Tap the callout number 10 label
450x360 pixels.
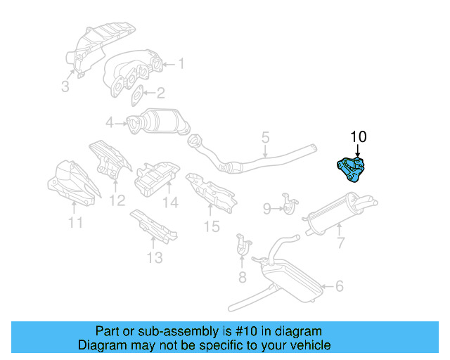(x=358, y=136)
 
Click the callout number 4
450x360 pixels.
(x=110, y=124)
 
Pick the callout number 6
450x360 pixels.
(x=339, y=286)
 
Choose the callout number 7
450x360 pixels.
(x=340, y=243)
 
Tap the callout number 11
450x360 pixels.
(x=75, y=224)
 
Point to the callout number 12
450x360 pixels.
(x=117, y=201)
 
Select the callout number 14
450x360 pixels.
(x=171, y=204)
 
